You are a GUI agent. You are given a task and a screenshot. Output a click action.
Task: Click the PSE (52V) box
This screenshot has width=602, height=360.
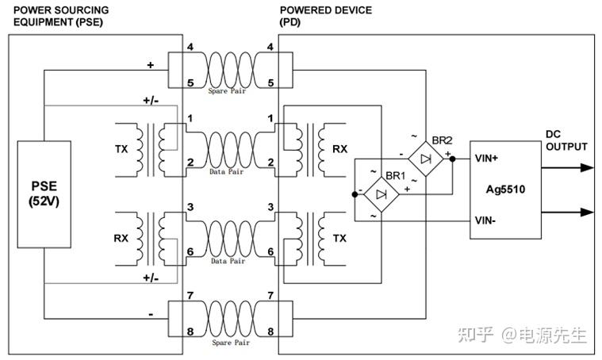pyautogui.click(x=44, y=194)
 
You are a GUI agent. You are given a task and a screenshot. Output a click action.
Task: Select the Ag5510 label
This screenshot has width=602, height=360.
pyautogui.click(x=505, y=190)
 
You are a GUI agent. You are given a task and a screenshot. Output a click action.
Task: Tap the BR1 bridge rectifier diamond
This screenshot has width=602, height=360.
pyautogui.click(x=382, y=194)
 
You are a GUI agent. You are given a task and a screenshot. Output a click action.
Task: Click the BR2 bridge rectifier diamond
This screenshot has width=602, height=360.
pyautogui.click(x=426, y=159)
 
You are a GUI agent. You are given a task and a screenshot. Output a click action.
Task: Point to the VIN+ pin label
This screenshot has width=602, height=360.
pyautogui.click(x=486, y=158)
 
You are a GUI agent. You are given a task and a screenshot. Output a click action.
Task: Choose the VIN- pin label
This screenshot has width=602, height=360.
pyautogui.click(x=485, y=220)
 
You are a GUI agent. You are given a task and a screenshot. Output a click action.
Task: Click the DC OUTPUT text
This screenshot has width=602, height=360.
pyautogui.click(x=566, y=140)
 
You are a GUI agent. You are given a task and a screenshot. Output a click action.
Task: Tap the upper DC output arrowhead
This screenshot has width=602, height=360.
pyautogui.click(x=587, y=168)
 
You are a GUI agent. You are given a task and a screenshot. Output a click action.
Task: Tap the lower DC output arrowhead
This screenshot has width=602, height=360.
pyautogui.click(x=587, y=212)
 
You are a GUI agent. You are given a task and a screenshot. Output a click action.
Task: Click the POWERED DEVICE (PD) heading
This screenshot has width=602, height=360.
pyautogui.click(x=325, y=16)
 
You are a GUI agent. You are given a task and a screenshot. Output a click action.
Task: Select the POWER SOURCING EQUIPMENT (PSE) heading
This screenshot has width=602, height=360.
pyautogui.click(x=61, y=16)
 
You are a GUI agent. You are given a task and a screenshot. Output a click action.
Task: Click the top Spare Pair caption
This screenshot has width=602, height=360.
pyautogui.click(x=227, y=91)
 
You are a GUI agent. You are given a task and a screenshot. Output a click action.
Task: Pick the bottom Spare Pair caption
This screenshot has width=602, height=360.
pyautogui.click(x=231, y=343)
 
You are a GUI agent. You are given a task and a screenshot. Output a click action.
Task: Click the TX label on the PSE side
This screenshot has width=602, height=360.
pyautogui.click(x=121, y=149)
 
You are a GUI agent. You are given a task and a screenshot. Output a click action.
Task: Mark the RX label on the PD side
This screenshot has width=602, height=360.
pyautogui.click(x=339, y=149)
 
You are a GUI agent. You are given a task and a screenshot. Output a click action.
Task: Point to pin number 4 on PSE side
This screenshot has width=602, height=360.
pyautogui.click(x=190, y=47)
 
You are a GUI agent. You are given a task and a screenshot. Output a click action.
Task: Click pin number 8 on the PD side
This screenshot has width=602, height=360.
pyautogui.click(x=270, y=331)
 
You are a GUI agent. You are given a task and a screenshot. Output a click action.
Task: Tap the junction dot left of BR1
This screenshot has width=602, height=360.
pyautogui.click(x=355, y=194)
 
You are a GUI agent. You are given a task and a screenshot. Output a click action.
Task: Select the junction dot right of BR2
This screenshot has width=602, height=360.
pyautogui.click(x=452, y=159)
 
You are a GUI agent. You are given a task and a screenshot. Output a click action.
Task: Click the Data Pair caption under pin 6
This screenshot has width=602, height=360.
pyautogui.click(x=228, y=261)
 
